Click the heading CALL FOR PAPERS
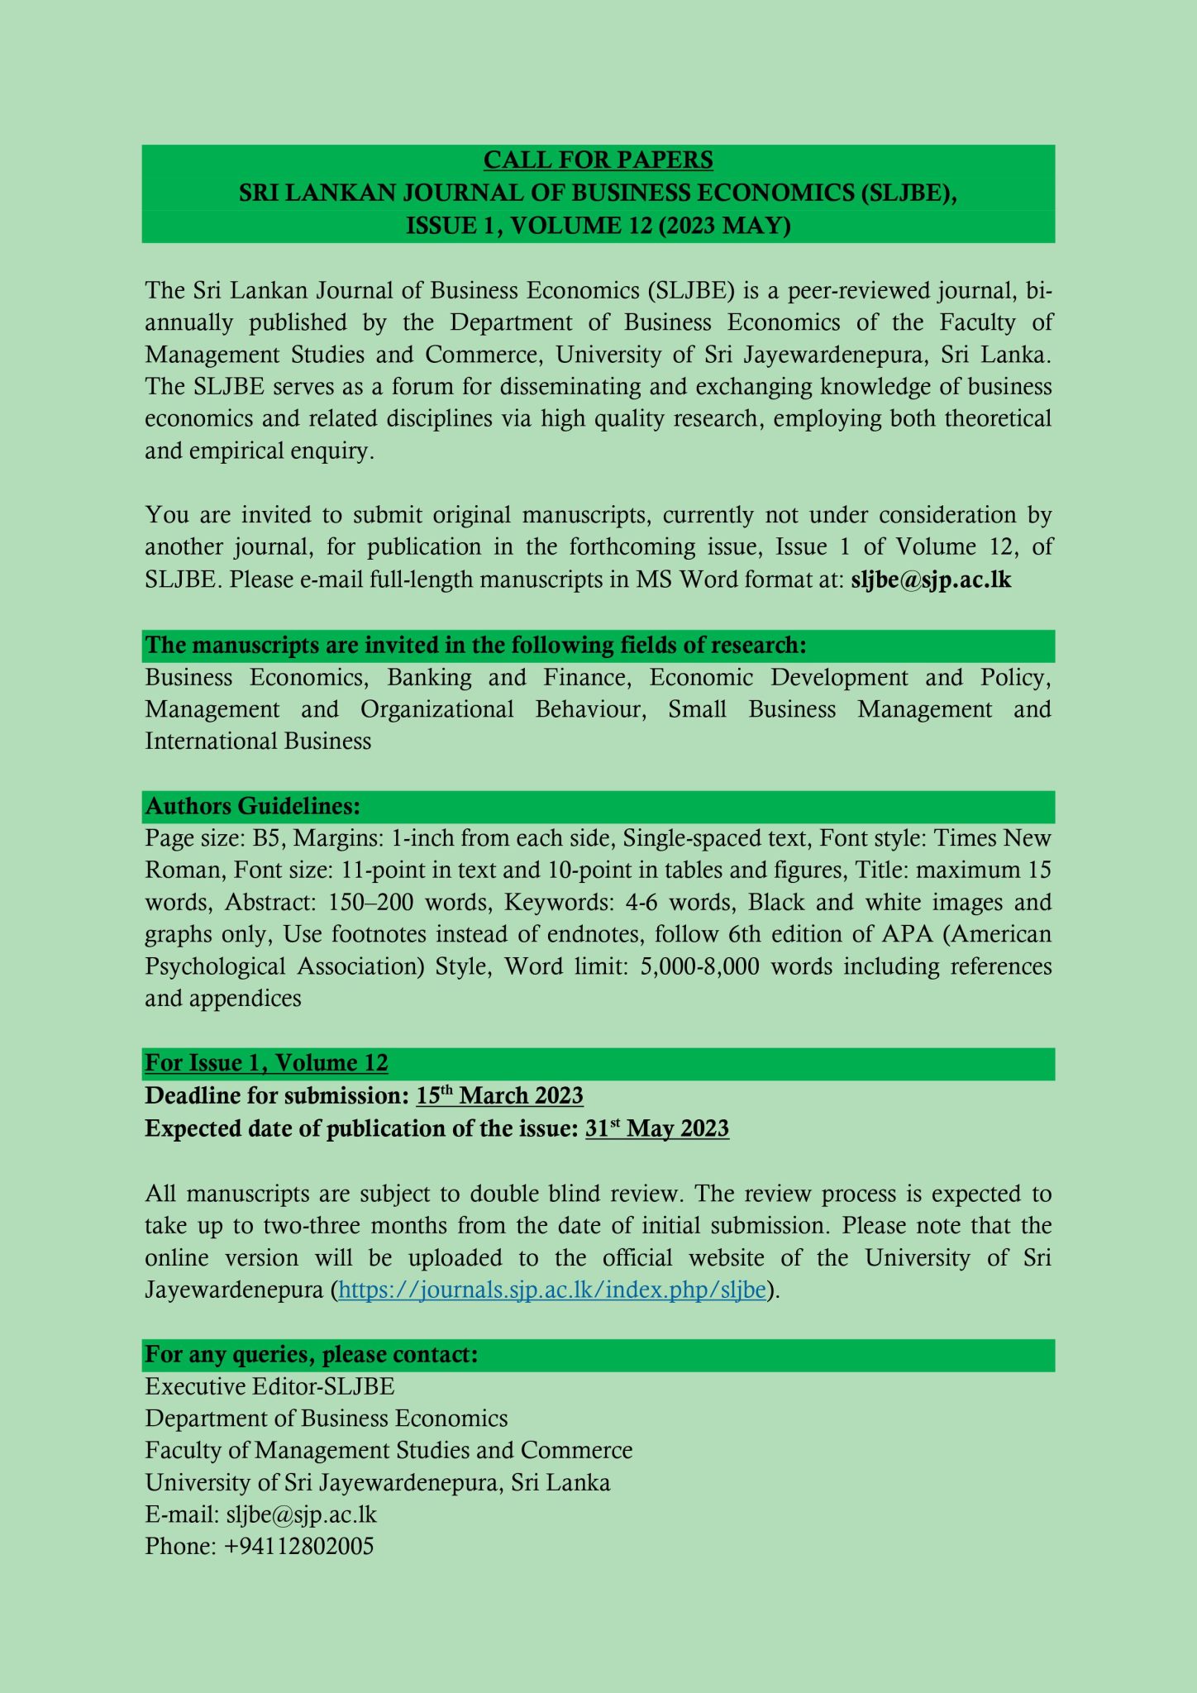tap(598, 160)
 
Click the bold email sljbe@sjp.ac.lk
tap(930, 579)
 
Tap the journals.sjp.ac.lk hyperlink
tap(551, 1290)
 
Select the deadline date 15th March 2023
tap(499, 1096)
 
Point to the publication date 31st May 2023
tap(656, 1128)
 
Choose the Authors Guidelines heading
tap(253, 806)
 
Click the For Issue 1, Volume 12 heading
tap(266, 1063)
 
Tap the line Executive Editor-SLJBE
tap(269, 1386)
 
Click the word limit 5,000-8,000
tap(699, 966)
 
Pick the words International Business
tap(258, 741)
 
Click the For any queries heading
tap(312, 1354)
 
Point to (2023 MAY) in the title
tap(724, 226)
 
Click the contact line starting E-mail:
tap(260, 1514)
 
